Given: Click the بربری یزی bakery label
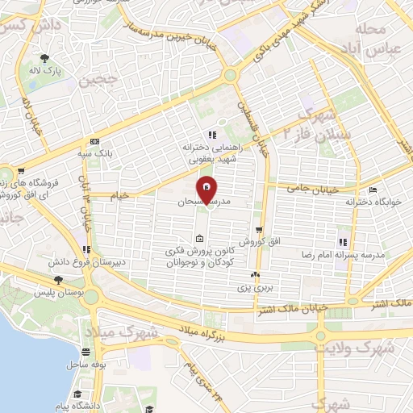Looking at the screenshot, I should click(257, 286).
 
